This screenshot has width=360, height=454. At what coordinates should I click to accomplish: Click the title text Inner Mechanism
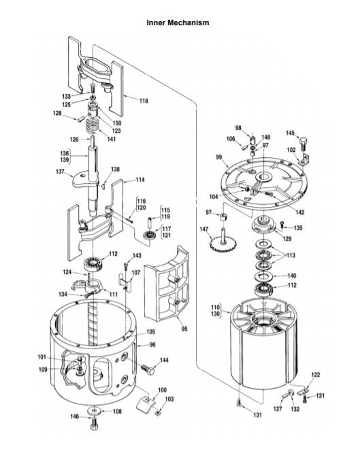pos(178,22)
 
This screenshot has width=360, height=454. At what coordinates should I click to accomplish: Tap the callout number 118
pos(144,101)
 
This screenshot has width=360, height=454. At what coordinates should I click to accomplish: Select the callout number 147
pos(204,229)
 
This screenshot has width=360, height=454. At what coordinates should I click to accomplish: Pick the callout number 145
pos(291,133)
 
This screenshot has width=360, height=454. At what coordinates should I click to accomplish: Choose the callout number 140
pos(291,276)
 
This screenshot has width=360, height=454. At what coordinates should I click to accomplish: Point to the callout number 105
pos(151,331)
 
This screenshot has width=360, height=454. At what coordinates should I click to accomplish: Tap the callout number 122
pos(316,375)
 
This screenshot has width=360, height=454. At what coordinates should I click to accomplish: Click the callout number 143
pos(137,255)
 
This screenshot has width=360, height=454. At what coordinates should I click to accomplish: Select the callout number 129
pos(287,239)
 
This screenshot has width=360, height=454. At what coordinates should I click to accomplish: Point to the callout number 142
pos(300,212)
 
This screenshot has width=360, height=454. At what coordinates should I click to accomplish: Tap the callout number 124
pos(67,272)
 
